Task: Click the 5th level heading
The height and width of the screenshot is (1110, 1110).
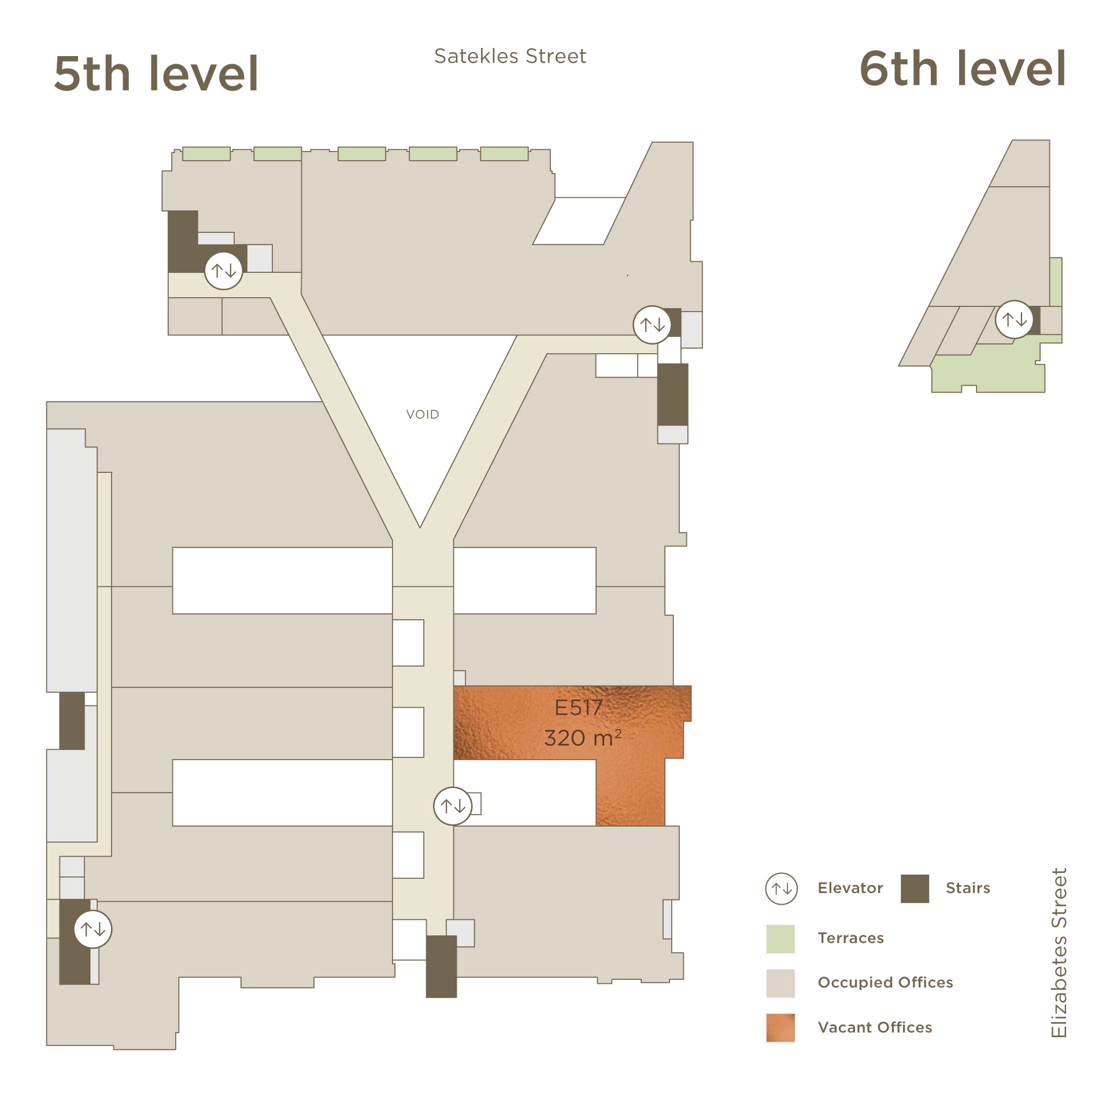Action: point(156,73)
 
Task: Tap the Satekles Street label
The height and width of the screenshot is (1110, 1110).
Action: point(510,56)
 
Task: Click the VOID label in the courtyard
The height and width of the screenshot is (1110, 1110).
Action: point(423,415)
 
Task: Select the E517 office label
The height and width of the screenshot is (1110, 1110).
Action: point(579,708)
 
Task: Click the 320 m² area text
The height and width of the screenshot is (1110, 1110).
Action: point(583,738)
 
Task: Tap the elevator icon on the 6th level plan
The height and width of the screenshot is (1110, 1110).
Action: point(1014,319)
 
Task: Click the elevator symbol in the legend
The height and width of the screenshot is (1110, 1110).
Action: point(782,889)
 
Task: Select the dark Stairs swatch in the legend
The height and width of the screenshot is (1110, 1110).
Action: point(915,889)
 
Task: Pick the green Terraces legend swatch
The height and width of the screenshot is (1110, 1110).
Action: point(780,939)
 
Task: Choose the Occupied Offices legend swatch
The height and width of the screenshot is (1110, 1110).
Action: point(780,983)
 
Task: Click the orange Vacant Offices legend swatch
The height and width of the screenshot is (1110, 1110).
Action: point(780,1028)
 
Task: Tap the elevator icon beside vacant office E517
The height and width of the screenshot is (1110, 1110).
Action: point(453,805)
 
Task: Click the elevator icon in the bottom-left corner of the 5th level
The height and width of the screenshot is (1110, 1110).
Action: point(93,929)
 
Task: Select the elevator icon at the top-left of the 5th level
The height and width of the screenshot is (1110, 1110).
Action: point(224,270)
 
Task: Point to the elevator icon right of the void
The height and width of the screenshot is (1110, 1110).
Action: point(652,324)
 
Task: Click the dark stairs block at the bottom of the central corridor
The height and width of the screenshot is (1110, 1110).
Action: point(442,966)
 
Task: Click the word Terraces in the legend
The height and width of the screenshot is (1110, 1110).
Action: point(850,938)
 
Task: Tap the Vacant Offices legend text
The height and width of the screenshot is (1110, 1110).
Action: point(875,1027)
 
